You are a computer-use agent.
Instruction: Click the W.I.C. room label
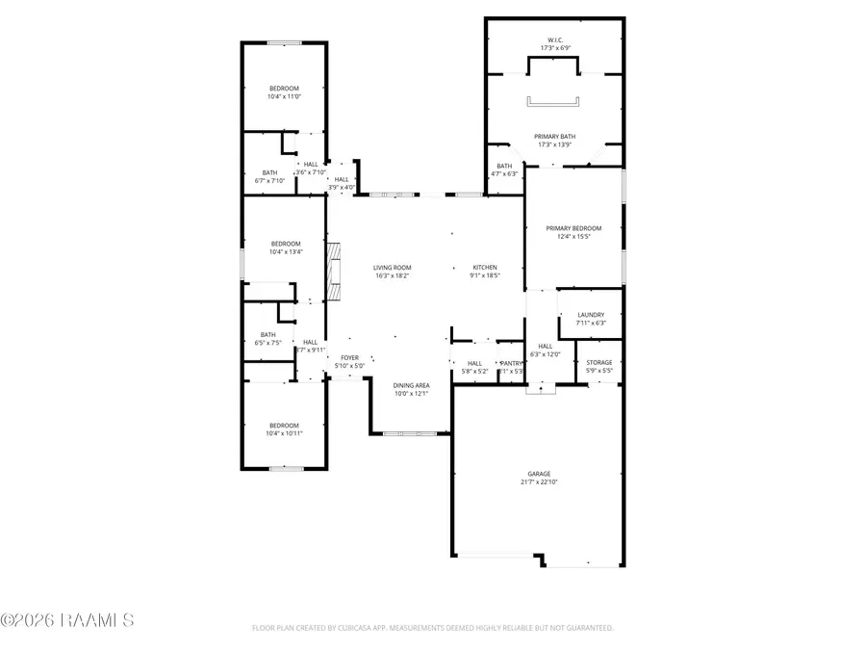553,39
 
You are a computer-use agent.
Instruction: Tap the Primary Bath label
553,137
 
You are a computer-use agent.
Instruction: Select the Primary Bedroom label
573,228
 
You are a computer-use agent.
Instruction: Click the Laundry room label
591,315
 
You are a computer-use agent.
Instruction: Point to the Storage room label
599,362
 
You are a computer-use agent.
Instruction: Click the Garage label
539,474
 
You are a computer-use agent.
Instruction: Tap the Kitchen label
485,267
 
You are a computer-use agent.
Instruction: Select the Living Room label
393,267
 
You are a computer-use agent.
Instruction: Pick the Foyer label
349,358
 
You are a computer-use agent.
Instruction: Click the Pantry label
511,363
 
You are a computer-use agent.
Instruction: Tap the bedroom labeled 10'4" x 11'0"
284,89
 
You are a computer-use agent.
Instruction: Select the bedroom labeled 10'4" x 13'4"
286,244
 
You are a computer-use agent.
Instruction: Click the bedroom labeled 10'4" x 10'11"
284,425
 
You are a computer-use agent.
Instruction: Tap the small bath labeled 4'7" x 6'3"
505,166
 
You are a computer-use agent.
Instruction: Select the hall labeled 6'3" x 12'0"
545,346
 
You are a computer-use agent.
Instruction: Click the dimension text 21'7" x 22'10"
539,482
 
